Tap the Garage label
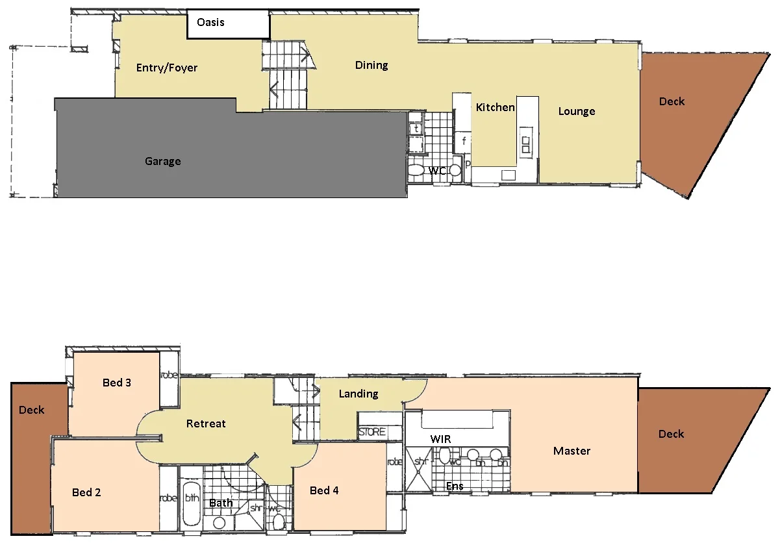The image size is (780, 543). click(162, 161)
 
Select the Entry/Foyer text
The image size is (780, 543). click(167, 68)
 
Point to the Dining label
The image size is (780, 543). click(371, 65)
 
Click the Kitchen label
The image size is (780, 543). click(495, 107)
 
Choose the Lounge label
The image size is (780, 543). click(577, 111)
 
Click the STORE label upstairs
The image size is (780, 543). click(372, 432)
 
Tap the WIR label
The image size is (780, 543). click(440, 439)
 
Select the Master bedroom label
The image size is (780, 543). click(572, 450)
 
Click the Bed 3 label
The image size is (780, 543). click(117, 383)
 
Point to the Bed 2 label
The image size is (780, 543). click(86, 492)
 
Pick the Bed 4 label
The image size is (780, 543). click(324, 490)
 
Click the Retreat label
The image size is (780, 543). click(206, 423)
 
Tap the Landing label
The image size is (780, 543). click(359, 394)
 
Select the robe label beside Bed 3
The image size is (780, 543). click(169, 375)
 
